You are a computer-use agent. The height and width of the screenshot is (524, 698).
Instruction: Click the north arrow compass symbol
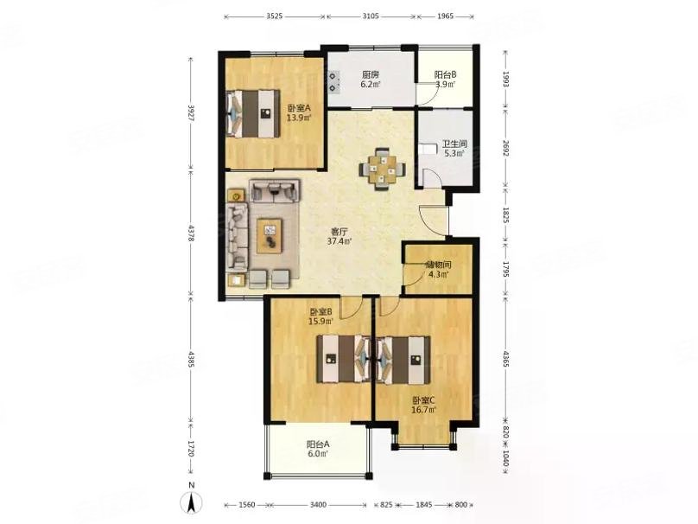(x=191, y=502)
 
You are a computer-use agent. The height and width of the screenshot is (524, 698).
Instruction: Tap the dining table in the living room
(x=383, y=169)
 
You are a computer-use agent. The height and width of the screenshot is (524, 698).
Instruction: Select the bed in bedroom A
(x=253, y=113)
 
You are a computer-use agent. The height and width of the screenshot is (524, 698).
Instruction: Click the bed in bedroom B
(x=344, y=359)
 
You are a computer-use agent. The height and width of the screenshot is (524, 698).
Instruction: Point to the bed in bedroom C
(x=403, y=359)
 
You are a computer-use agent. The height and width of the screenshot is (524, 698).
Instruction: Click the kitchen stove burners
(x=333, y=82)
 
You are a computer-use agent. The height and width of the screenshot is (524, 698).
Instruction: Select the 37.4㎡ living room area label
(x=339, y=241)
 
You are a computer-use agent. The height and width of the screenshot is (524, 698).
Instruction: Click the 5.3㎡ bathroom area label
(x=454, y=153)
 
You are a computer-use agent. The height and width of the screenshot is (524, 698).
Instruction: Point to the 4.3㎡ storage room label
(x=438, y=274)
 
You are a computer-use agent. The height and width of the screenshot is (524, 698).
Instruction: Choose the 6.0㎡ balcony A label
(x=318, y=454)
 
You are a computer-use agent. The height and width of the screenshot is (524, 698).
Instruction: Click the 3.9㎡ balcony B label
(x=445, y=84)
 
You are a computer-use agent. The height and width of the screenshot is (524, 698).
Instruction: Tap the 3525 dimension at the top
(x=275, y=16)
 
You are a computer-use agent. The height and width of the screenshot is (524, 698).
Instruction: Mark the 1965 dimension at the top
(x=445, y=16)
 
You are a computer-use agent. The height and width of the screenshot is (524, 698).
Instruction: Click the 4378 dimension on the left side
(x=191, y=233)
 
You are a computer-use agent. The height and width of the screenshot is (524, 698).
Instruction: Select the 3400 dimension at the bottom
(x=318, y=505)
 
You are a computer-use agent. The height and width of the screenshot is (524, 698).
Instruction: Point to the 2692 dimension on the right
(x=505, y=148)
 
